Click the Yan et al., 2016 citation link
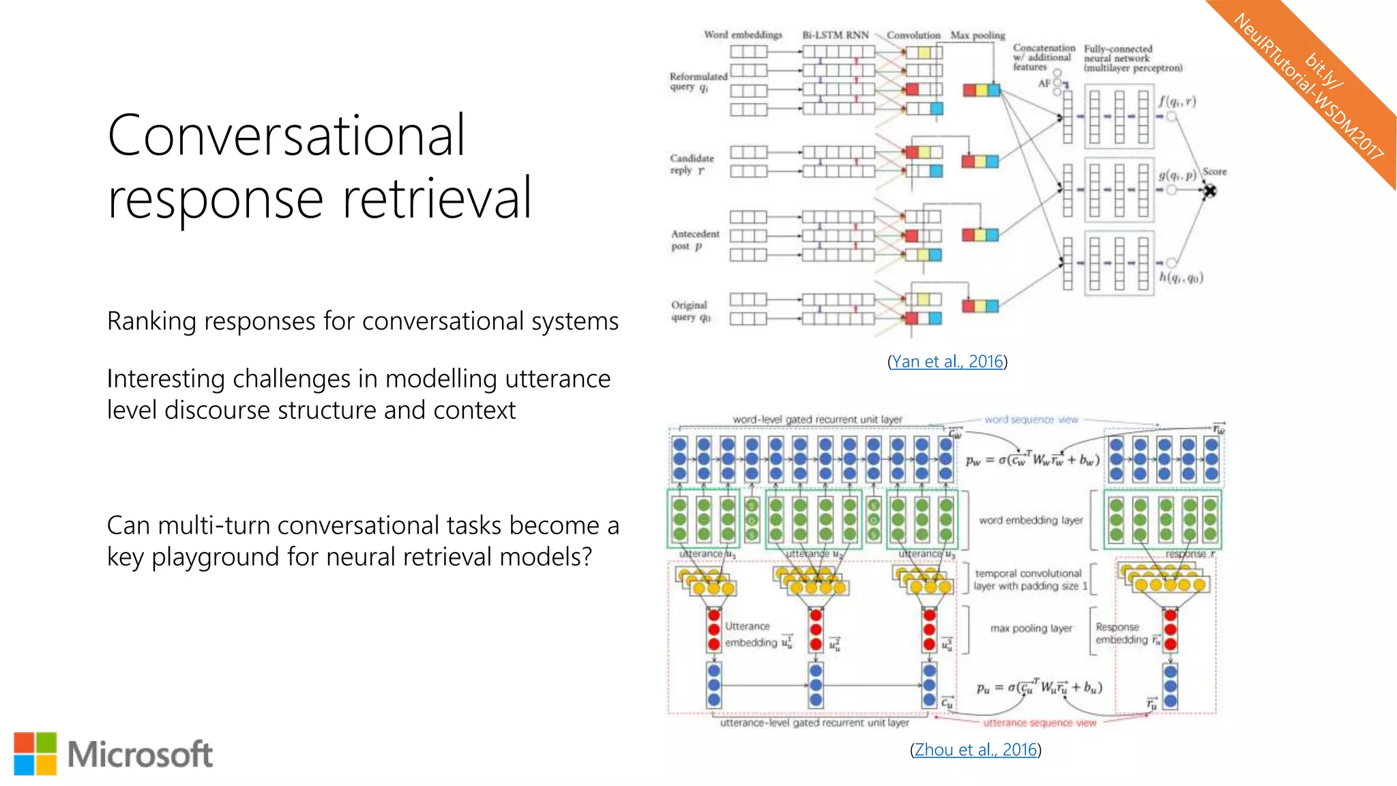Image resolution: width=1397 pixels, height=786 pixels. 947,362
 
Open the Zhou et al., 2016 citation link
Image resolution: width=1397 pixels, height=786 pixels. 975,750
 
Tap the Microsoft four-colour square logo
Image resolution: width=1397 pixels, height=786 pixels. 35,754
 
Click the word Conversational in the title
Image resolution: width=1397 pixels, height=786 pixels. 286,135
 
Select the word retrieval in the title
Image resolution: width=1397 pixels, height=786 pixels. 437,199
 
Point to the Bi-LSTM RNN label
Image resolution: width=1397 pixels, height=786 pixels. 836,35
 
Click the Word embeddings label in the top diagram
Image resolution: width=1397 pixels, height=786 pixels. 743,35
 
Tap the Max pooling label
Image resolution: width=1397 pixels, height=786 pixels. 977,35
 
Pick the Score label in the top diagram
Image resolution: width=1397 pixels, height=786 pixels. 1214,172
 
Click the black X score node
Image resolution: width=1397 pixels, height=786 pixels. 1209,191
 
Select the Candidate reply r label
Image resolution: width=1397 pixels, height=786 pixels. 691,164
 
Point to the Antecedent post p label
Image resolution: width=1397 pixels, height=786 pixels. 694,240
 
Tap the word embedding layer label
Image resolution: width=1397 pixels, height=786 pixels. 1031,521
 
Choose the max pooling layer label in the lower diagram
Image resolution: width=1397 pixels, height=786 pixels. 1031,628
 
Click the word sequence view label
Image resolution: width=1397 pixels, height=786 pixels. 1031,420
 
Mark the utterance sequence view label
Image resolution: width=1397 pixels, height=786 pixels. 1039,723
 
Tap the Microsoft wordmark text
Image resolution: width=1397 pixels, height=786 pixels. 140,755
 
